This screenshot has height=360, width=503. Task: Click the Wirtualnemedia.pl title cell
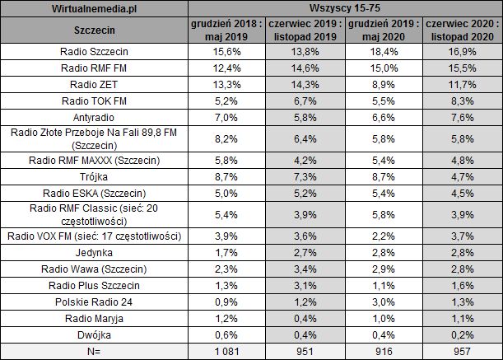pos(95,9)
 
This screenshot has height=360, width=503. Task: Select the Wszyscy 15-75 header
pos(346,9)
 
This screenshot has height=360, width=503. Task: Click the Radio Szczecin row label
pos(95,51)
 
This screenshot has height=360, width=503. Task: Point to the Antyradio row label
pos(95,117)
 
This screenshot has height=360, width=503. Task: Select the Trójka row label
pos(95,177)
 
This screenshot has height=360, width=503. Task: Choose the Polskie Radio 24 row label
pos(95,302)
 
